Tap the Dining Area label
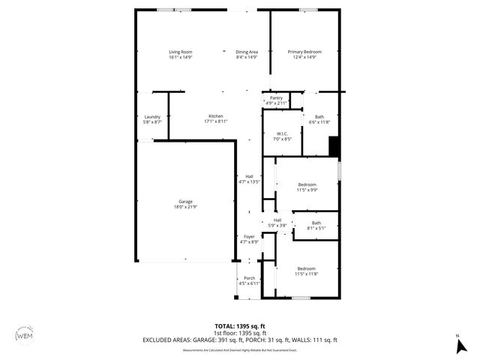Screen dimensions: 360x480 pyautogui.click(x=247, y=51)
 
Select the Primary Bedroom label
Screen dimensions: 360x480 pyautogui.click(x=304, y=51)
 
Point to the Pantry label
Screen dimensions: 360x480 pyautogui.click(x=276, y=97)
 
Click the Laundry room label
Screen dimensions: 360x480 pyautogui.click(x=152, y=116)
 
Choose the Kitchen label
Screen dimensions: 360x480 pyautogui.click(x=215, y=116)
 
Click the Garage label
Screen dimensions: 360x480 pyautogui.click(x=185, y=202)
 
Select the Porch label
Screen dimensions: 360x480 pyautogui.click(x=249, y=278)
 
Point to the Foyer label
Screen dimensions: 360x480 pyautogui.click(x=249, y=236)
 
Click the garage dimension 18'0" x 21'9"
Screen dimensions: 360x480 pyautogui.click(x=185, y=207)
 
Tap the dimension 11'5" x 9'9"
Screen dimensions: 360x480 pyautogui.click(x=307, y=190)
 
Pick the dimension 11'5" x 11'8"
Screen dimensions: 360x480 pyautogui.click(x=307, y=274)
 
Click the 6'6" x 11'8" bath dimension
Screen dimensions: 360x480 pyautogui.click(x=319, y=121)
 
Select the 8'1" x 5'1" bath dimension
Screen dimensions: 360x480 pyautogui.click(x=316, y=228)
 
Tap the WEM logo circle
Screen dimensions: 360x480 pyautogui.click(x=25, y=335)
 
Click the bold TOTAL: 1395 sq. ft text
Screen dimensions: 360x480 pyautogui.click(x=239, y=326)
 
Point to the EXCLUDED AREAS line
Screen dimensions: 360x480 pyautogui.click(x=239, y=339)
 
